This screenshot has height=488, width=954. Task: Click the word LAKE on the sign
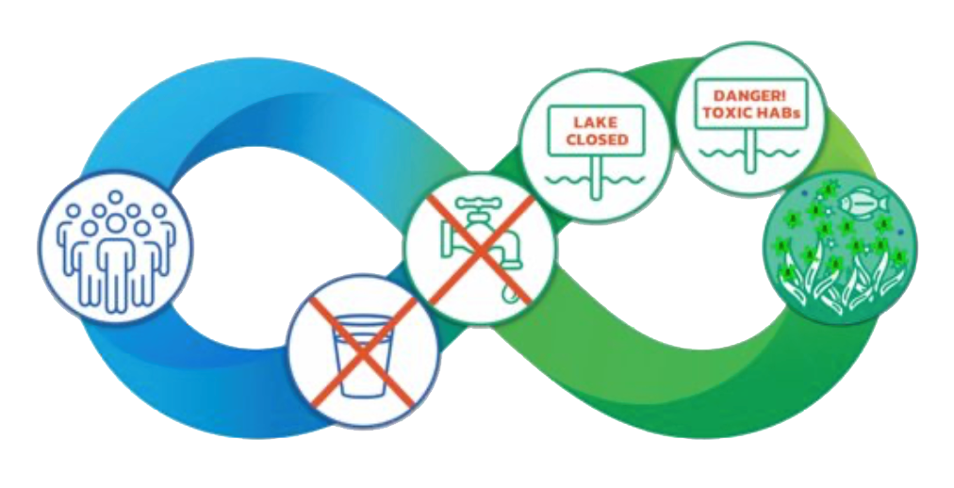[x=596, y=123]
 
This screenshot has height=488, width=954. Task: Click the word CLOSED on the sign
[x=597, y=139]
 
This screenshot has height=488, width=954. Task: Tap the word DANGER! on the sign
[x=750, y=96]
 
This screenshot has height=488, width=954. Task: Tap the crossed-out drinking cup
[x=363, y=354]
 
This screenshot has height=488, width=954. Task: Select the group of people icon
[x=116, y=249]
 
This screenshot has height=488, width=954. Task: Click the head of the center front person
[x=115, y=224]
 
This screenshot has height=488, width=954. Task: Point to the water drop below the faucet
[x=509, y=294]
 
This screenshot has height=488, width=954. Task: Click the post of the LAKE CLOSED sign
[x=596, y=173]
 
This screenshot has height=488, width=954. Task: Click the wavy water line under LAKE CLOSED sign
[x=596, y=180]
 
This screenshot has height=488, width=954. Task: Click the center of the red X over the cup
[x=363, y=351]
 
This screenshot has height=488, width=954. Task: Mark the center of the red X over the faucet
[x=481, y=251]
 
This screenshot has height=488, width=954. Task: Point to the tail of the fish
[x=882, y=204]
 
